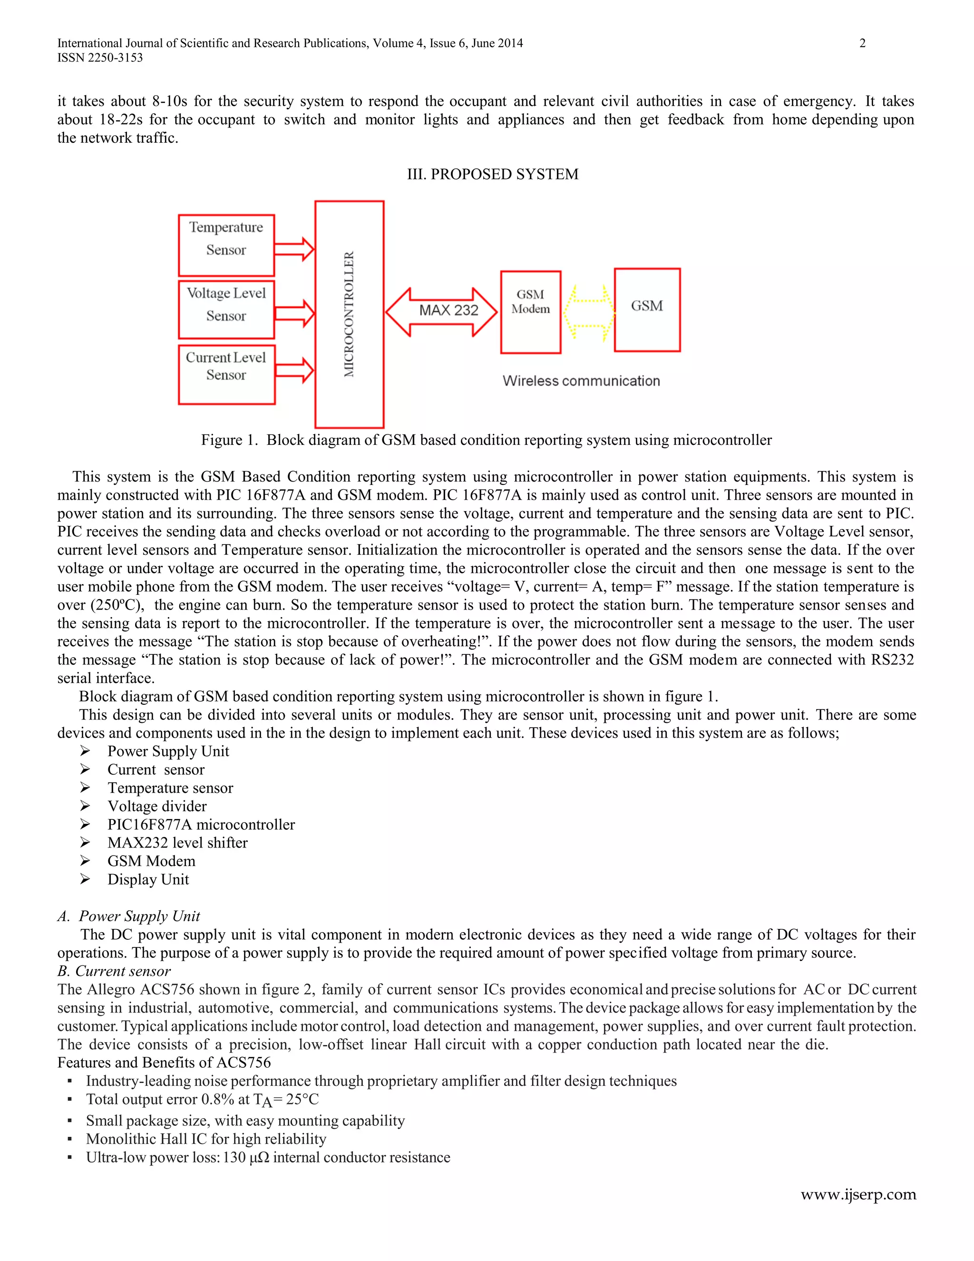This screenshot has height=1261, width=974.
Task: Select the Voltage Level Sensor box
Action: [226, 309]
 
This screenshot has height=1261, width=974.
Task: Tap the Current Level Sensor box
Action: [226, 374]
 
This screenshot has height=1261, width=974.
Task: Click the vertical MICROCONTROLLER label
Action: [349, 314]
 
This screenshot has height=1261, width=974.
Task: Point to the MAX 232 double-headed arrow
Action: [441, 312]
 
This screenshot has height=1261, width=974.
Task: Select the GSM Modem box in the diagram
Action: [530, 312]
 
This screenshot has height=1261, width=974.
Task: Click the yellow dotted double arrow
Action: [588, 312]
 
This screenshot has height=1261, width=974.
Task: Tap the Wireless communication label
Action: [581, 381]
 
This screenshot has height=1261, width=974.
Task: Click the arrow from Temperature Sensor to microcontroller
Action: [294, 249]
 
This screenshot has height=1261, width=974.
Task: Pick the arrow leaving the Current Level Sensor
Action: [294, 370]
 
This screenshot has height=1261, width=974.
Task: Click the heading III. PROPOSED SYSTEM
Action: [492, 174]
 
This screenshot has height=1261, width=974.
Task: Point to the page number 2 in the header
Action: [862, 43]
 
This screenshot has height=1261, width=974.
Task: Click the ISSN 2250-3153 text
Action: [100, 58]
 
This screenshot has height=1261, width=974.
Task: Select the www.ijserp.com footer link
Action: [857, 1194]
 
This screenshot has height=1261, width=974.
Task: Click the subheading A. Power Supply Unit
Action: [129, 916]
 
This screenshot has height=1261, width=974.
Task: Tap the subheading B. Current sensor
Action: [114, 971]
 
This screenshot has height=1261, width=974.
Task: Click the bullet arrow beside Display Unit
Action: [85, 879]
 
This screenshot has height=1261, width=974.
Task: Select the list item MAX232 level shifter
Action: [177, 843]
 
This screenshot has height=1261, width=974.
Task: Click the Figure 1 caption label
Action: [228, 440]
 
